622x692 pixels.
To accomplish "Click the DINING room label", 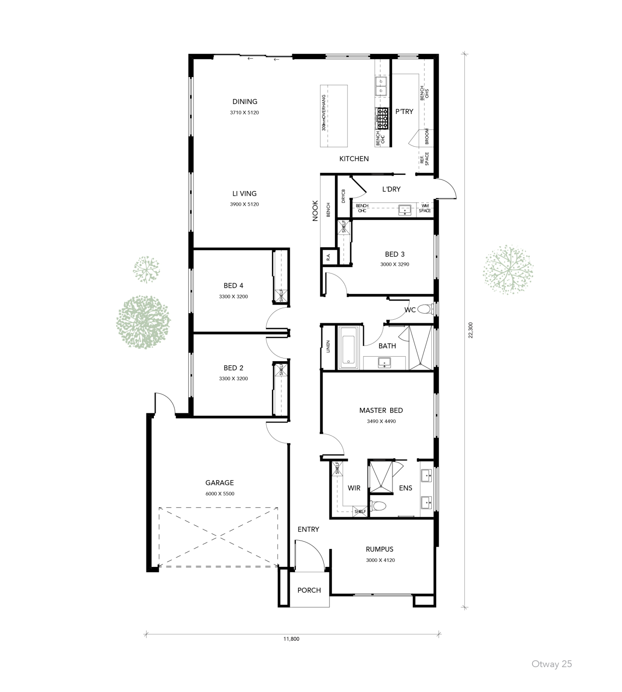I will coord(245,101).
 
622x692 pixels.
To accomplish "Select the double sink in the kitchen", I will coord(381,86).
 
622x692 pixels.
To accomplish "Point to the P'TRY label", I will coord(404,112).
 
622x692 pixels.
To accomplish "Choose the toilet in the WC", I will coord(424,309).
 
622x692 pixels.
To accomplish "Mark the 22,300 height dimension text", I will coord(470,330).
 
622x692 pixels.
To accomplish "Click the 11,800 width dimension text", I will coord(291,639).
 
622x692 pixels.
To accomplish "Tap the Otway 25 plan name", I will coord(552,664).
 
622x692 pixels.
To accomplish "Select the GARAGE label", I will coord(219,483).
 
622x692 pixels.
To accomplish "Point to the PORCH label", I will coord(309,590).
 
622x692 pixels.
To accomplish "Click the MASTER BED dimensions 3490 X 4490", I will coord(381,421).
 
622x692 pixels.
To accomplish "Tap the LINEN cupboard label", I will coord(328,346).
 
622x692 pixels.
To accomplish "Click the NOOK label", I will coord(315,210).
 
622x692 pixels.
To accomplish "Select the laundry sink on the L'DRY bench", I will coord(405,210).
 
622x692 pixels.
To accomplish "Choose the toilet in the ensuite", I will coord(379,506).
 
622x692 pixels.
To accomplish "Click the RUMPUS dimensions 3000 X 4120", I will coord(380,560).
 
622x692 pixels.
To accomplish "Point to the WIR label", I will coord(354,488).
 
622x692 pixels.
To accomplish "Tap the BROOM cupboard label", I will coord(427,137).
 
